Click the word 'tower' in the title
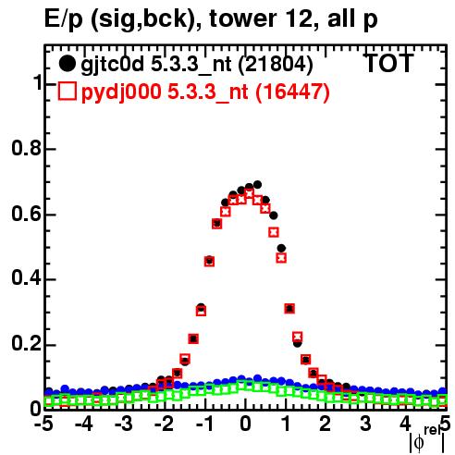pos(243,18)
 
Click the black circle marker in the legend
pos(67,64)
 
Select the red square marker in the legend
pos(67,91)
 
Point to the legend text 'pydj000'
pos(121,92)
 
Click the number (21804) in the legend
pos(276,65)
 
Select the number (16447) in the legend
pos(292,92)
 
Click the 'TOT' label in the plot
pos(388,63)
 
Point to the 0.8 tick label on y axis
pos(27,148)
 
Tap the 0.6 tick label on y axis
pos(27,214)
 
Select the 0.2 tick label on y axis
pos(27,343)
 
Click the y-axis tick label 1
pos(38,82)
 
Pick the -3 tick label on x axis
pos(124,424)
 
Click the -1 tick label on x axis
pos(204,424)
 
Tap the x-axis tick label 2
pos(326,424)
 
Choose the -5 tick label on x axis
pos(43,424)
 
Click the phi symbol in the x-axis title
pos(419,443)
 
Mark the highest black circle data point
pos(257,185)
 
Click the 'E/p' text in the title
pos(64,19)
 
